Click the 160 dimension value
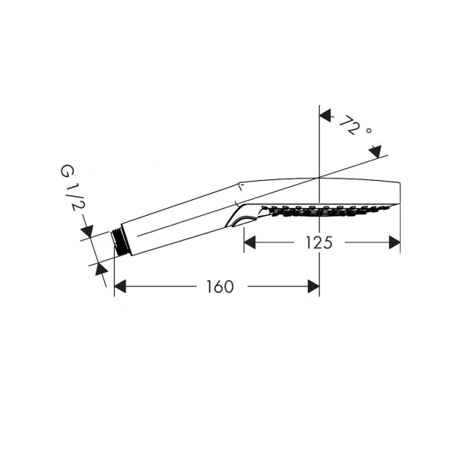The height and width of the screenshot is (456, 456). pyautogui.click(x=220, y=287)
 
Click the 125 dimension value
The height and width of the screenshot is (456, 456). pyautogui.click(x=318, y=242)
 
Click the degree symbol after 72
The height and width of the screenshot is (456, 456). pyautogui.click(x=369, y=131)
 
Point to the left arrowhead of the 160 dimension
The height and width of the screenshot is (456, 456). pyautogui.click(x=120, y=287)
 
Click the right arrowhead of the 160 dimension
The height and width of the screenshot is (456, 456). pyautogui.click(x=313, y=287)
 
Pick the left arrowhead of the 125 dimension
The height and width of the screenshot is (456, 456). pyautogui.click(x=249, y=242)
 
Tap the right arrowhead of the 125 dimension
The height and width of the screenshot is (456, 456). pyautogui.click(x=394, y=242)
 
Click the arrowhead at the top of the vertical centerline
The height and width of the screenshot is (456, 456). pyautogui.click(x=325, y=116)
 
